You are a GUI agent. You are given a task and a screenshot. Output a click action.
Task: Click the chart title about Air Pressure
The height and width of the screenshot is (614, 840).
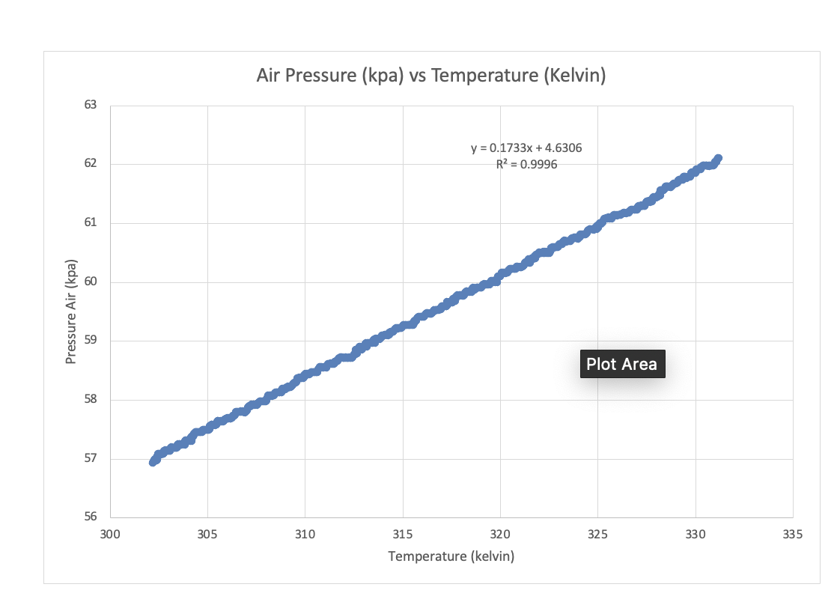click(x=430, y=76)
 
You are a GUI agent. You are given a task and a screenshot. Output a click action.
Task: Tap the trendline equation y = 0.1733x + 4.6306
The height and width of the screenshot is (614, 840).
click(x=526, y=148)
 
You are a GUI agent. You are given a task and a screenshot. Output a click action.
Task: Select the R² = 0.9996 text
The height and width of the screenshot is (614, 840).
click(x=526, y=164)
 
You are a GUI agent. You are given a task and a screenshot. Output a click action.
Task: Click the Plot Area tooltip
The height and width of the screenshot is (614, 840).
click(x=621, y=364)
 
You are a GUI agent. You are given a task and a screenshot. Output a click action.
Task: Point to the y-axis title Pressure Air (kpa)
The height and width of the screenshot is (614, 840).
click(x=72, y=311)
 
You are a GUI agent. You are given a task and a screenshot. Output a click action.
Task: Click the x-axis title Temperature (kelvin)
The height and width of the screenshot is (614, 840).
click(x=451, y=556)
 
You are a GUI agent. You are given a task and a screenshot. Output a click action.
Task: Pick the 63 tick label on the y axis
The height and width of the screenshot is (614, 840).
click(x=91, y=105)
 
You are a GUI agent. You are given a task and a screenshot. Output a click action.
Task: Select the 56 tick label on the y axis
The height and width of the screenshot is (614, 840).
click(x=91, y=518)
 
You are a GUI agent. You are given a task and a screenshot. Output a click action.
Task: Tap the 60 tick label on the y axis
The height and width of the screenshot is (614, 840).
click(x=91, y=282)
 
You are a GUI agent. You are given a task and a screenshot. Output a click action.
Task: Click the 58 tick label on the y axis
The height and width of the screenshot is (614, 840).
click(x=91, y=400)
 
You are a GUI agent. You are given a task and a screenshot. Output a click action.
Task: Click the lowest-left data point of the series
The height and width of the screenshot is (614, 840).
click(x=153, y=461)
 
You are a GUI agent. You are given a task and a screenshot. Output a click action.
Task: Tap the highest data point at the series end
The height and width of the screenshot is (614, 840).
click(x=717, y=159)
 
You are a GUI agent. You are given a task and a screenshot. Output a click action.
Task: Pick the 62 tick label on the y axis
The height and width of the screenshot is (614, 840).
click(x=91, y=164)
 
